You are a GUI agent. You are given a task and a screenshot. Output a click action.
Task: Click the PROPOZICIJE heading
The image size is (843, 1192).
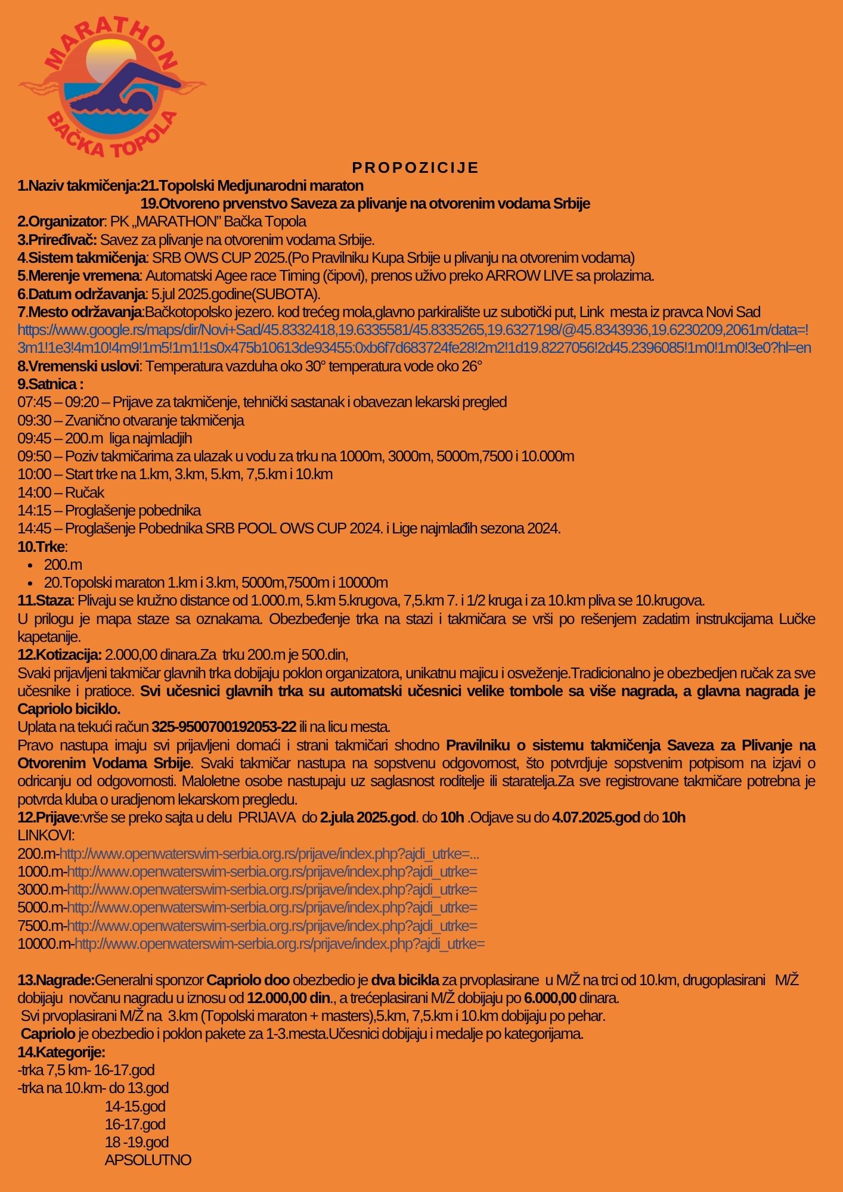click(416, 167)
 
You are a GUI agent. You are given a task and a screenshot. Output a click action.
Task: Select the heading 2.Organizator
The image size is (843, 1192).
click(61, 222)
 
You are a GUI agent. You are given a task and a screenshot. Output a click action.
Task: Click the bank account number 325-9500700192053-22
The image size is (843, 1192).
click(224, 727)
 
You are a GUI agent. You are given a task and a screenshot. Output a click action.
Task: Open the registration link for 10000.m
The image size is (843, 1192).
click(279, 944)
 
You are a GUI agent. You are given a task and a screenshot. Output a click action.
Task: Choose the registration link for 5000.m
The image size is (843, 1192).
click(272, 908)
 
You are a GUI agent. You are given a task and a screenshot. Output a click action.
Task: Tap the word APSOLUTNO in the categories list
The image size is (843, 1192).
click(148, 1160)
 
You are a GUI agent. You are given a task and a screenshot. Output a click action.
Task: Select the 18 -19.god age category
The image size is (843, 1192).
click(137, 1142)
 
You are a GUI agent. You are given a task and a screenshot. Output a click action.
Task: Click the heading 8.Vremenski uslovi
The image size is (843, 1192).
click(79, 367)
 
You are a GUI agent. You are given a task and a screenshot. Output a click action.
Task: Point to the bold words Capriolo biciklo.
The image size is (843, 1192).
click(69, 709)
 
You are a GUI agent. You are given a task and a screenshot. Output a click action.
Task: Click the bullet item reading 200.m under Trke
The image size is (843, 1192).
click(63, 565)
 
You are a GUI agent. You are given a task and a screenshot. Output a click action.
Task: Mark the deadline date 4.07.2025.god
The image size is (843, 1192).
click(596, 818)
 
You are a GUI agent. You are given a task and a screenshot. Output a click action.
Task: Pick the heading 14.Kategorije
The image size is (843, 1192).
click(61, 1052)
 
